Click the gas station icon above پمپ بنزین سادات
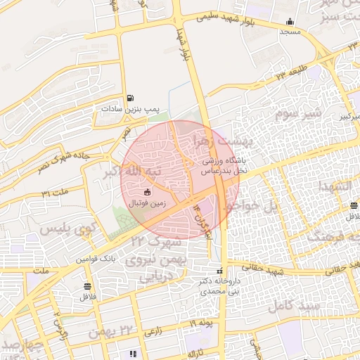click(x=129, y=98)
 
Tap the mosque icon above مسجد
click(x=290, y=21)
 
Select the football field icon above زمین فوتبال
click(x=147, y=192)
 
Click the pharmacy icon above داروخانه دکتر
click(x=221, y=270)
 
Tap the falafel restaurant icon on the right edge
click(x=353, y=205)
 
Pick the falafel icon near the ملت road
click(x=87, y=286)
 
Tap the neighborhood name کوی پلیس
click(x=67, y=229)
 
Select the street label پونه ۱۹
click(x=201, y=323)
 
